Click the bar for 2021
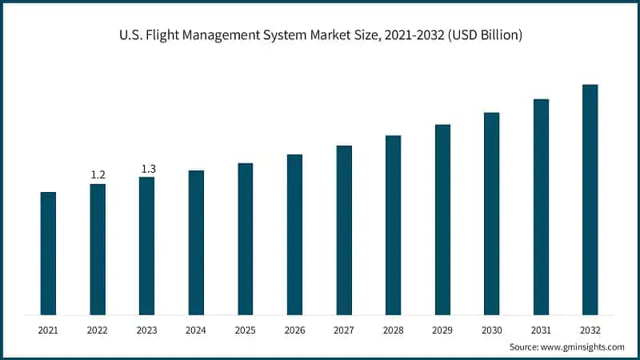[48, 253]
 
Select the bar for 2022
[98, 249]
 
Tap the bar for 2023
[146, 246]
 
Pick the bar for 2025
[245, 238]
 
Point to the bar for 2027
[344, 230]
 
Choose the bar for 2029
[442, 219]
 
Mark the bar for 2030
[491, 213]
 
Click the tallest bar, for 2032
[590, 199]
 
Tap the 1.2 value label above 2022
[98, 174]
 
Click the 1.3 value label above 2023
[148, 168]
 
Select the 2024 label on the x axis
[196, 329]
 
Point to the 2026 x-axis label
[294, 329]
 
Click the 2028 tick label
[393, 329]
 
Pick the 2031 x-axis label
[541, 329]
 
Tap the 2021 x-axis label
[48, 329]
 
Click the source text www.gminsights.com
[582, 347]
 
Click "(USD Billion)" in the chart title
[484, 37]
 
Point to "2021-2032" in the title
[412, 37]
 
